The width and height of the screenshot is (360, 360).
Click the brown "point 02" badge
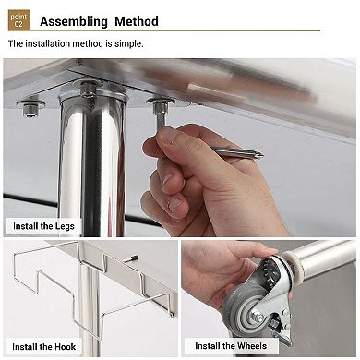point(18,20)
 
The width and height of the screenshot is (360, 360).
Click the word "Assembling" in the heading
point(74,21)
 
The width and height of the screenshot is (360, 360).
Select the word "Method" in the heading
point(137,21)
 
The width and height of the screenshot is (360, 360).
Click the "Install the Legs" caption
point(43,226)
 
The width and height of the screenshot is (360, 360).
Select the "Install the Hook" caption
point(43,347)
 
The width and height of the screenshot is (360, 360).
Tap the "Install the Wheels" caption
point(231,346)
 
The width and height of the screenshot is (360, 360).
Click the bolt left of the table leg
point(30,108)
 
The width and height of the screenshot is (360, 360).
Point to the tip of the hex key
point(263,155)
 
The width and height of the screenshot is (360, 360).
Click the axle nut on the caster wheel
point(258,317)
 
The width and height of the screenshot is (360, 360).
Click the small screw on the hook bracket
point(132,258)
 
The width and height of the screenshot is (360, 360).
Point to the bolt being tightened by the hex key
point(160,108)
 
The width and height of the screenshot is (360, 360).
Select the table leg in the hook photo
point(90,307)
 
